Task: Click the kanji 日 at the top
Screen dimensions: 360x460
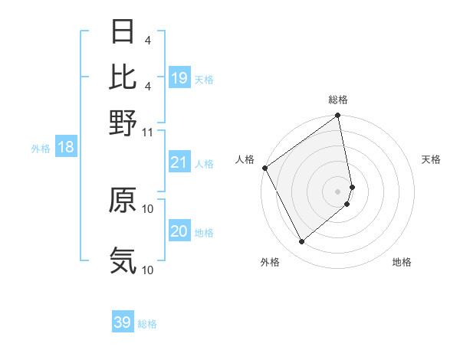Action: (123, 33)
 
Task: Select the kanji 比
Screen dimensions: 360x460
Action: (123, 77)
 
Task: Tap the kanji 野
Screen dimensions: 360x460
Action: (123, 123)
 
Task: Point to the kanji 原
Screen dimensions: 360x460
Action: (123, 201)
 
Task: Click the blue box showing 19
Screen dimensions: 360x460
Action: (179, 78)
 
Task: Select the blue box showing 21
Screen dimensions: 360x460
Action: (179, 162)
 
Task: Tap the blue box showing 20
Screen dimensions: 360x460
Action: (179, 231)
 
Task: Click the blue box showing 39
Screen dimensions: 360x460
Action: (123, 322)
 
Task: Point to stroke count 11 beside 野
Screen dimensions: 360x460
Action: (148, 132)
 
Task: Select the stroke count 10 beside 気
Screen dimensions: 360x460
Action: (148, 270)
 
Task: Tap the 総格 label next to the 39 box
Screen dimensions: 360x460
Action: (148, 324)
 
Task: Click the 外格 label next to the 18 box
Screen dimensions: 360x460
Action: (40, 149)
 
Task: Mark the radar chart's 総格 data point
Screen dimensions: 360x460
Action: (338, 116)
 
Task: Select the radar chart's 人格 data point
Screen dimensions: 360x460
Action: (264, 169)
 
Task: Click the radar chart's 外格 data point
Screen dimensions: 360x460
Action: (301, 241)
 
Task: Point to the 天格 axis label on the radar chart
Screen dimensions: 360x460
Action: (431, 159)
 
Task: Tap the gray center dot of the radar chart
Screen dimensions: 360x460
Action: (337, 190)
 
